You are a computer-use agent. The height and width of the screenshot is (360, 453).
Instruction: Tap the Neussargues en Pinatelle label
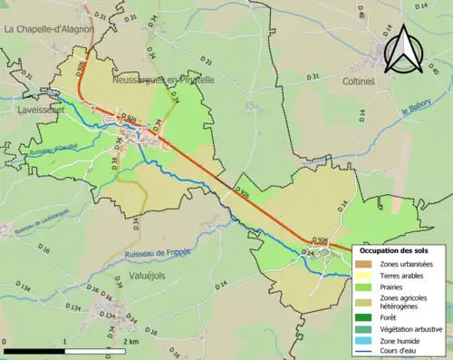tap(163, 80)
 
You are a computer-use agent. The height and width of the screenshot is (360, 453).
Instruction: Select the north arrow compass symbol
tap(405, 50)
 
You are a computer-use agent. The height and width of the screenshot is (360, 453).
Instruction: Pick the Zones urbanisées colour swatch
tap(366, 263)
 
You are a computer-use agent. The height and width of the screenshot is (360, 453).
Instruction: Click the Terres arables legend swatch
tap(366, 275)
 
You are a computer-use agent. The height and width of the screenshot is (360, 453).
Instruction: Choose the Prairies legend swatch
tap(366, 287)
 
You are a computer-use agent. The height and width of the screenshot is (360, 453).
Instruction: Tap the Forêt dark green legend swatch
tap(366, 318)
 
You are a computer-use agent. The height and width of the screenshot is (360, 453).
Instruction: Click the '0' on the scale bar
tap(5, 342)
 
